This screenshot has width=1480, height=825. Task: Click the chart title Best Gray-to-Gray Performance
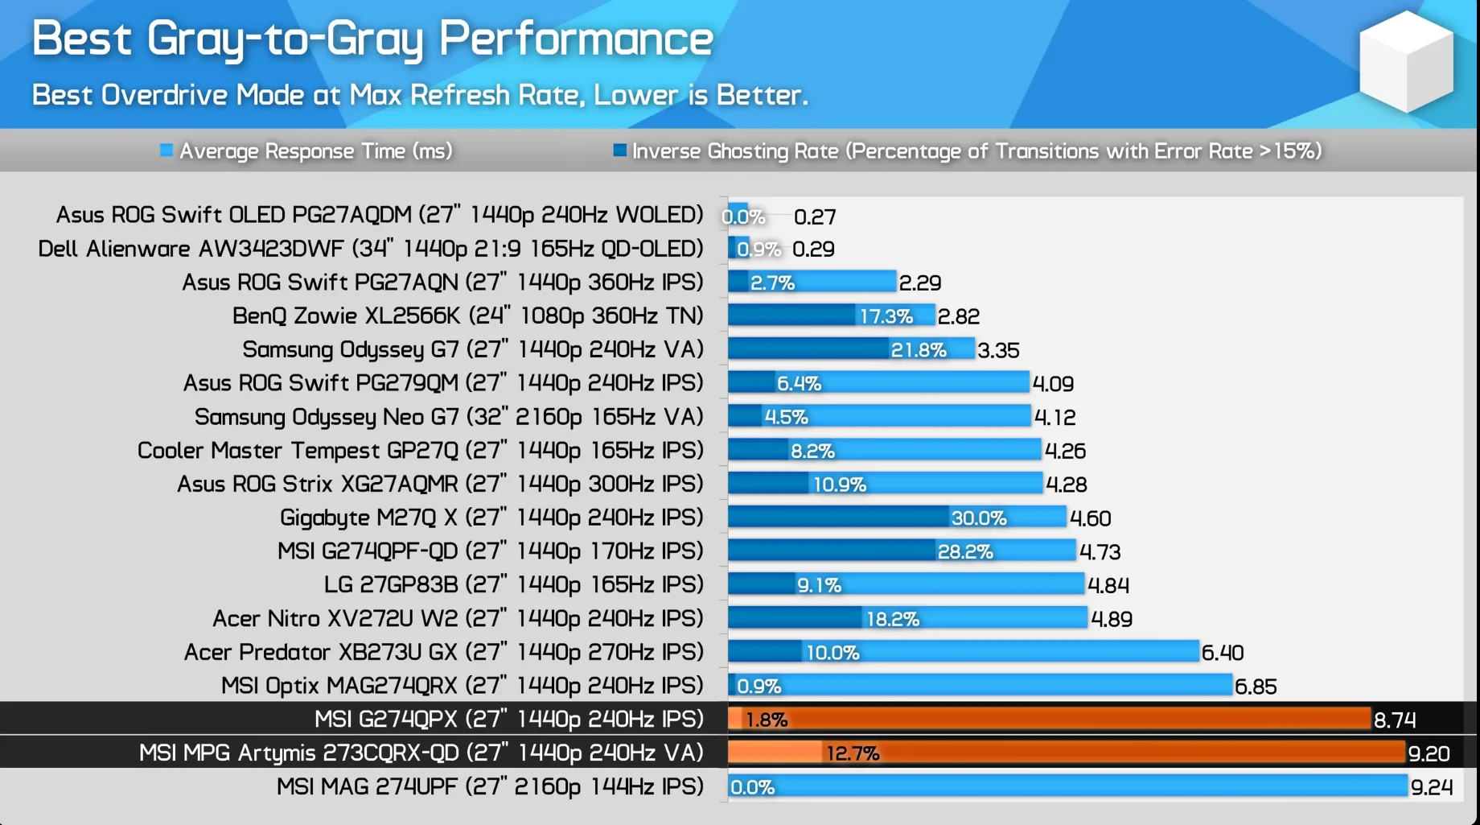[x=372, y=39]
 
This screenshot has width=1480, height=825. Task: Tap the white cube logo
[x=1406, y=61]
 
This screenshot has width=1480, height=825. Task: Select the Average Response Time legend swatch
[x=166, y=151]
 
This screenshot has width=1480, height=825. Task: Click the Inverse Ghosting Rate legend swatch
[x=619, y=151]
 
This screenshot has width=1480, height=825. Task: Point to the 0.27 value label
[x=815, y=217]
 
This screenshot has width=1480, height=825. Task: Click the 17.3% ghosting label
[x=886, y=316]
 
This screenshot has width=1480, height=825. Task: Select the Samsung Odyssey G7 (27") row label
[x=473, y=349]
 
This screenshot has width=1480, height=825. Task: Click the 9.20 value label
[x=1429, y=753]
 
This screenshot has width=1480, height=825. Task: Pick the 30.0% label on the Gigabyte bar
[x=978, y=518]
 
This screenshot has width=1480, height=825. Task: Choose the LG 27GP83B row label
[x=513, y=584]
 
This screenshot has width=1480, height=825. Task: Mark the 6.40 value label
[x=1223, y=653]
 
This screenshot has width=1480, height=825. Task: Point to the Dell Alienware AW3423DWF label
[x=370, y=249]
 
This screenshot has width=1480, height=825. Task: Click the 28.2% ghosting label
[x=964, y=552]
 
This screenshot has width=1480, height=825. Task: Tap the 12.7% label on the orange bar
[x=853, y=753]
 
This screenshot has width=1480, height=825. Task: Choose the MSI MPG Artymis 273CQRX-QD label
[x=421, y=753]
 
